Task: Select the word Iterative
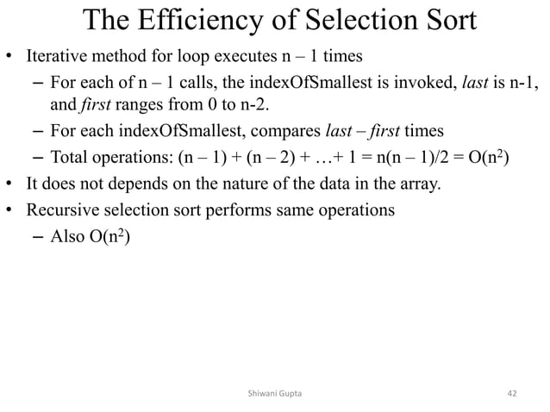(x=54, y=59)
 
